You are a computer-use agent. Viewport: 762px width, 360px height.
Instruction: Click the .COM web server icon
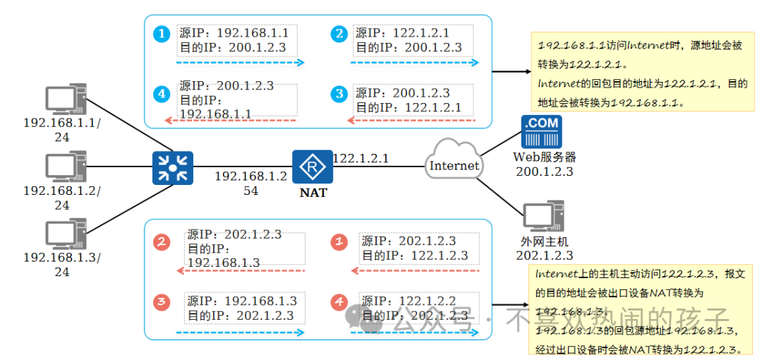(x=540, y=132)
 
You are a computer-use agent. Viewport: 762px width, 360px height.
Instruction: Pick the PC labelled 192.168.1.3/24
(x=64, y=234)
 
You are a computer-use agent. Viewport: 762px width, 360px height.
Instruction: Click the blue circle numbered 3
(x=339, y=93)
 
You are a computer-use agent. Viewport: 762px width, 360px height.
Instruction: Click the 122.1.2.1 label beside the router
(x=361, y=159)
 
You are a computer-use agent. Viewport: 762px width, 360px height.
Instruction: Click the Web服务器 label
(x=544, y=157)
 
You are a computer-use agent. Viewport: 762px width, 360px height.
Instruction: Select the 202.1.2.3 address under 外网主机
(x=544, y=256)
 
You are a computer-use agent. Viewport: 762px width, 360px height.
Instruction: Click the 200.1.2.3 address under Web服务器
(x=544, y=171)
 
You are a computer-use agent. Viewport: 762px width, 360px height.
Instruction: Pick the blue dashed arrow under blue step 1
(x=240, y=63)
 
